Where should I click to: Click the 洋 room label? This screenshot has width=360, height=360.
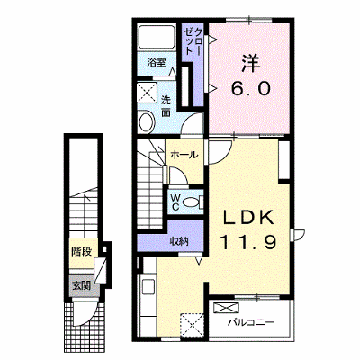tap(251, 62)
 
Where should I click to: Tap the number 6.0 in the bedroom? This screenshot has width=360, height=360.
tap(250, 88)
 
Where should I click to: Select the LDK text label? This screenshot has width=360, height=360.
tap(247, 219)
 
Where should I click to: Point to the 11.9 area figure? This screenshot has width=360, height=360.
tap(247, 242)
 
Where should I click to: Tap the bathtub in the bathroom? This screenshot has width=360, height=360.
tap(157, 37)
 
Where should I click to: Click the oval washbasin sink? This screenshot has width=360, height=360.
tap(147, 121)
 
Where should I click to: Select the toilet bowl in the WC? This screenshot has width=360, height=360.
tap(193, 202)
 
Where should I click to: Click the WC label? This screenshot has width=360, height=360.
tap(175, 202)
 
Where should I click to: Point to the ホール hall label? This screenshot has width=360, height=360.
tap(184, 155)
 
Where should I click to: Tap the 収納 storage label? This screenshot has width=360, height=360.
tap(179, 241)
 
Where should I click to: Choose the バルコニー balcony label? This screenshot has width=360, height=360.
tap(251, 323)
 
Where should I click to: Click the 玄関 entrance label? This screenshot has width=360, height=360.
tap(82, 285)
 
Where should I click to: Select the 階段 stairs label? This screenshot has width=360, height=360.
tap(81, 252)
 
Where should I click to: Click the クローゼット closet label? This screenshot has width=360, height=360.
tap(193, 40)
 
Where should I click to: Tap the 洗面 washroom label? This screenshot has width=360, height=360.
tap(166, 106)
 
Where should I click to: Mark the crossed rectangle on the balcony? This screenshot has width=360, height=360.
tap(227, 308)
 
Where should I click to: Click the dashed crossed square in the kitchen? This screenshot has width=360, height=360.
tap(193, 324)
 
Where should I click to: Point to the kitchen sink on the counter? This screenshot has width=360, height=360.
tap(148, 287)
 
